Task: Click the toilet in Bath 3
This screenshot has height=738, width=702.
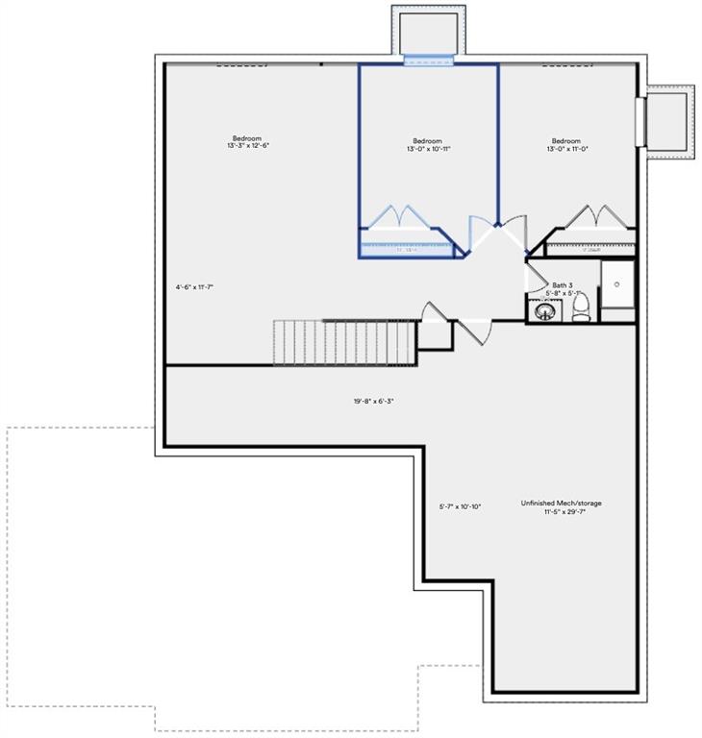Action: click(x=580, y=307)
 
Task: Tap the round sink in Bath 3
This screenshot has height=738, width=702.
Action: click(x=544, y=311)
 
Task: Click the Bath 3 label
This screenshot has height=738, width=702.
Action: click(x=563, y=285)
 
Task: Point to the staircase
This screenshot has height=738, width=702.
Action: click(x=344, y=343)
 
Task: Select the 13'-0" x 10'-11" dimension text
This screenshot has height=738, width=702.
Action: click(x=428, y=149)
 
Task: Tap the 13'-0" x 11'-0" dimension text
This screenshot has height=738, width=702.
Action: click(x=566, y=149)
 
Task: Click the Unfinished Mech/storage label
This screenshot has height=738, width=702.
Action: click(x=562, y=503)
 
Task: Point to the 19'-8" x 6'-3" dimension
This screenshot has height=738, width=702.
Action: click(x=374, y=401)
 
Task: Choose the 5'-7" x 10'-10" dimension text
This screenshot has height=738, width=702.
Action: click(x=460, y=506)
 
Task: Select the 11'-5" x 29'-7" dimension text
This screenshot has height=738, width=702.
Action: click(x=564, y=512)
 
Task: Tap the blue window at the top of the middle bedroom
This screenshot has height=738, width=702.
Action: click(x=428, y=61)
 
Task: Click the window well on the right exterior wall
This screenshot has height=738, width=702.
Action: click(x=670, y=122)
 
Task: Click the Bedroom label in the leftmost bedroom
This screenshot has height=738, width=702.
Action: click(x=247, y=137)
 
